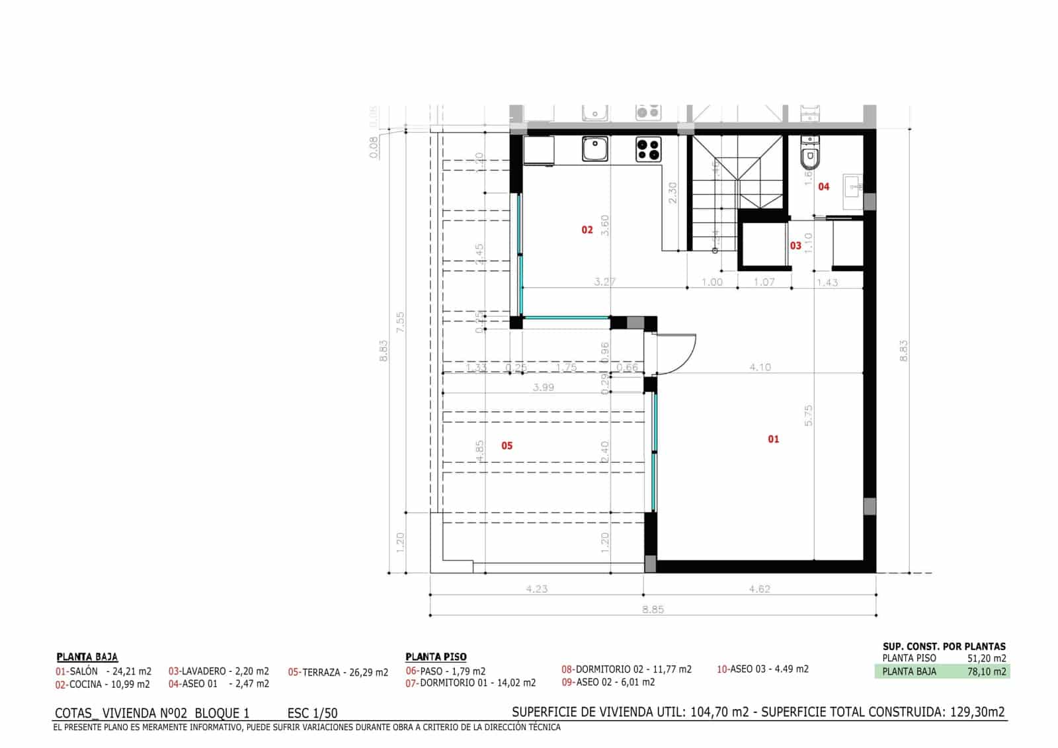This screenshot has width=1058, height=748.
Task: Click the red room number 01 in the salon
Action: (773, 439)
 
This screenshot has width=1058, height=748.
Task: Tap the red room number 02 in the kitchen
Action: (587, 230)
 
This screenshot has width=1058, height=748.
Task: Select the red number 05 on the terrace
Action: (507, 446)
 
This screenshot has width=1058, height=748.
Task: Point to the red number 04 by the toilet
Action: (823, 187)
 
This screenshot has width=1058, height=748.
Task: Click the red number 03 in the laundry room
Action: (795, 246)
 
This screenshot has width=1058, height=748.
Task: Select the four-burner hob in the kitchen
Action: (649, 149)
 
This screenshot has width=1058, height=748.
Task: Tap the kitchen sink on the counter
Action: (595, 149)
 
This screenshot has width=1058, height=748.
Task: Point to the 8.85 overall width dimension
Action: (653, 609)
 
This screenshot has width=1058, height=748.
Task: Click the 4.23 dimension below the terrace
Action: (536, 589)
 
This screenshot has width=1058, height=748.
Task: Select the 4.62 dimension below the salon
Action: (759, 589)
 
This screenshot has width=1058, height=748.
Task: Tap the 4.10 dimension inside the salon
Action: (760, 367)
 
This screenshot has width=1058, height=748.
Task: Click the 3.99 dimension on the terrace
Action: (543, 388)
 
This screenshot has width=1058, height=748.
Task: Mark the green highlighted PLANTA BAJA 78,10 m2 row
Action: (942, 671)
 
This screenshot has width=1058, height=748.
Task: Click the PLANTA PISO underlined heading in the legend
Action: (436, 657)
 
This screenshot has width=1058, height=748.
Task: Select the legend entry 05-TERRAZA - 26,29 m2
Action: (338, 673)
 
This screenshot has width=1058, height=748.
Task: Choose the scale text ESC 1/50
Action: (312, 713)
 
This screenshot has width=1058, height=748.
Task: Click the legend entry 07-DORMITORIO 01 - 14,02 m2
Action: (470, 683)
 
